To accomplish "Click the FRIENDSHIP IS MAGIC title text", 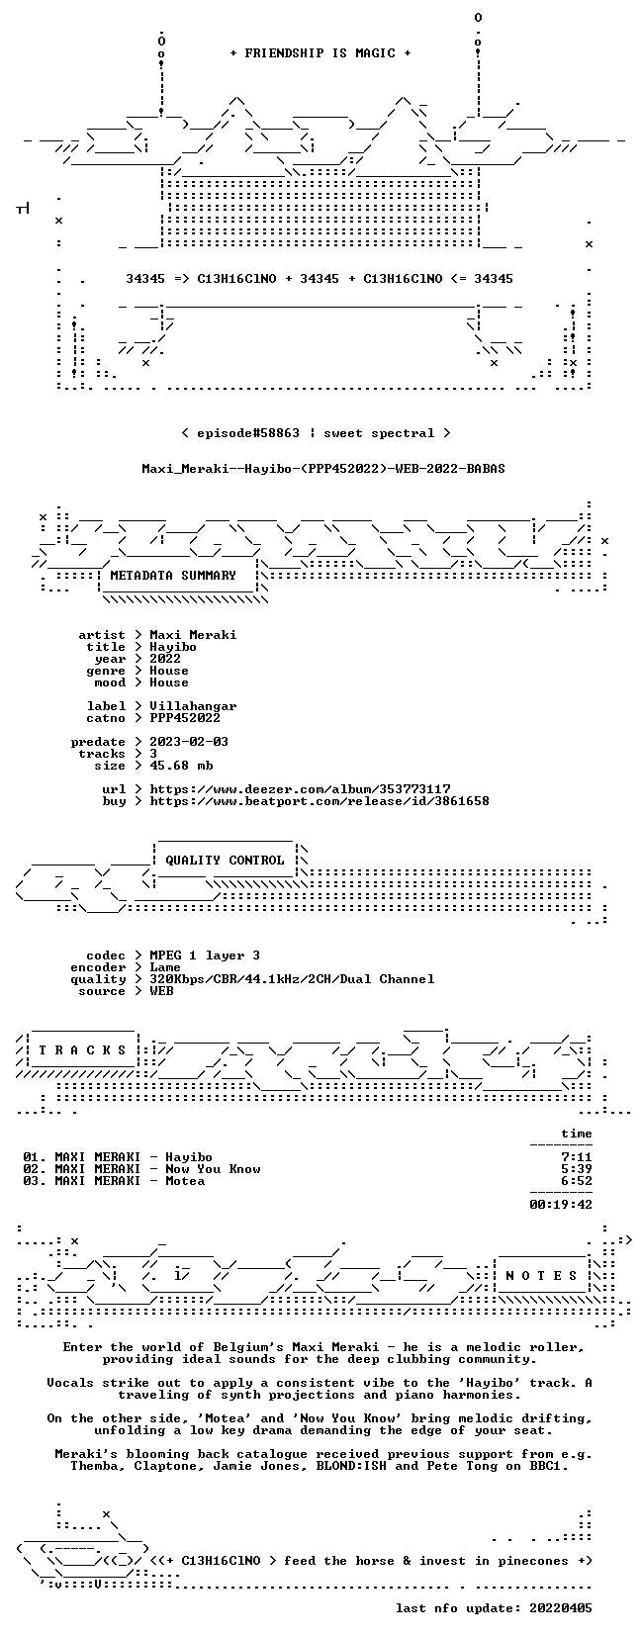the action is click(320, 53).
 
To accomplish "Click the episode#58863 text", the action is click(247, 433).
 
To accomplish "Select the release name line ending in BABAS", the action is click(323, 469).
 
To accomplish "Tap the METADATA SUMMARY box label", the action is click(173, 576).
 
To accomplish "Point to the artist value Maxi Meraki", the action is click(193, 635).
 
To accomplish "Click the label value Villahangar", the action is click(193, 706).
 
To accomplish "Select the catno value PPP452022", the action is click(185, 718).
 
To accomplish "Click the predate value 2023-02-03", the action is click(189, 742).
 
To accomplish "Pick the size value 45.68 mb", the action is click(181, 766).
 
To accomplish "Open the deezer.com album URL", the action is click(300, 789).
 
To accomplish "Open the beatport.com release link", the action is click(320, 801).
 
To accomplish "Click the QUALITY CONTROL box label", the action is click(225, 861).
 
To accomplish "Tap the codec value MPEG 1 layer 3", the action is click(205, 955).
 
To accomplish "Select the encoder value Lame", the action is click(165, 967).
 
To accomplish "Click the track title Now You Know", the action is click(213, 1169).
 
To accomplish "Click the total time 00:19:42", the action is click(561, 1205).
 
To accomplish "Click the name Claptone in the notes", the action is click(165, 1466).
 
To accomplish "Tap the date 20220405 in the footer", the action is click(561, 1608).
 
